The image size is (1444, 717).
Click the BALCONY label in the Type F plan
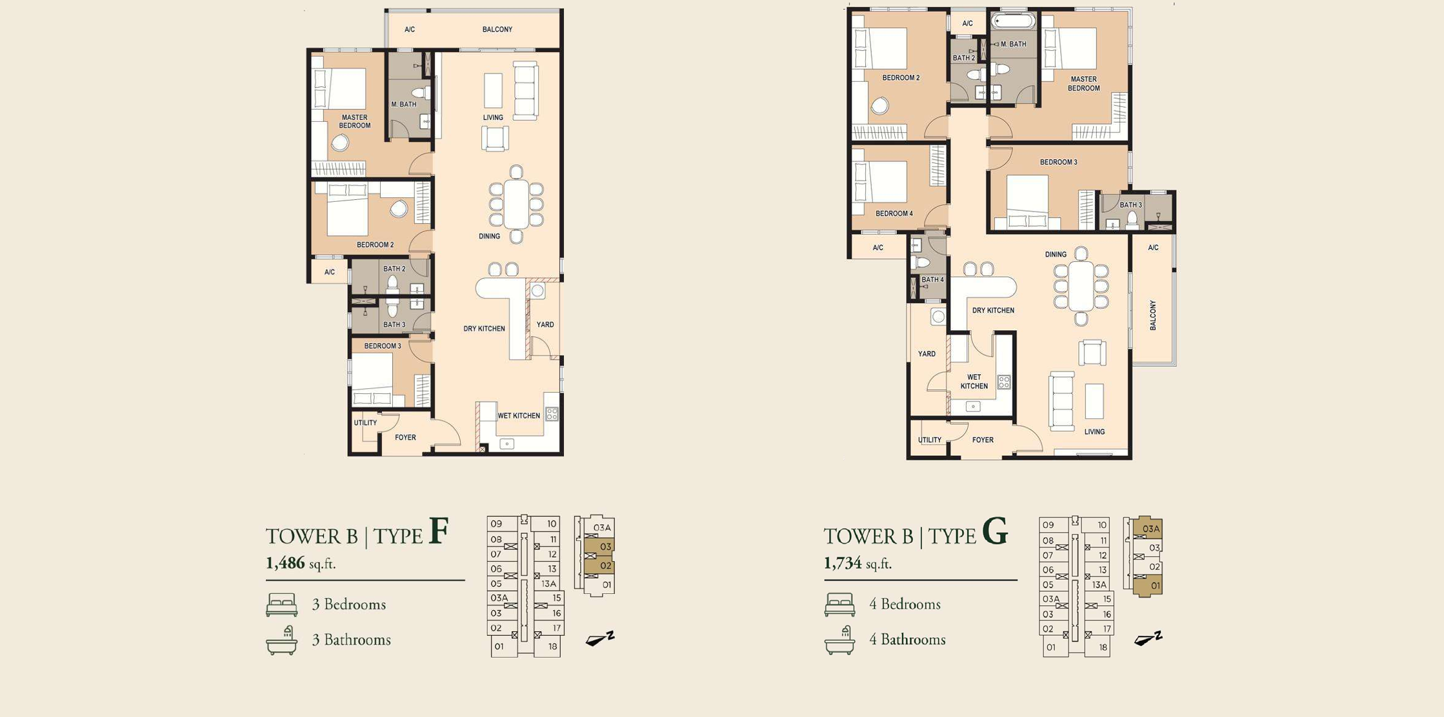pos(497,30)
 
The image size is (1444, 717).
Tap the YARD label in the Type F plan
pos(545,325)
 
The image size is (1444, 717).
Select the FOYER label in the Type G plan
pos(983,440)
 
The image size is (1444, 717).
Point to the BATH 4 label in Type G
pos(932,280)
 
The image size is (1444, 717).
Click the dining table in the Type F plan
pos(516,204)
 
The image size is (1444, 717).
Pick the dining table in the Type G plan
pos(1081,285)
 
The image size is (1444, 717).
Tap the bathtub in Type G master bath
pos(1014,21)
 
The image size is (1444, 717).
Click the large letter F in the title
pos(438,531)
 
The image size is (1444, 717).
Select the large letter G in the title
pos(994,531)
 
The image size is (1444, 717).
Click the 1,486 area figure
pos(285,563)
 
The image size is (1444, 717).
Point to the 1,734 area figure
pos(843,563)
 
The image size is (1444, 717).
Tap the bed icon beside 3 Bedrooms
pos(282,605)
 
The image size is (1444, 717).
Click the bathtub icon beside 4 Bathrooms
pos(840,640)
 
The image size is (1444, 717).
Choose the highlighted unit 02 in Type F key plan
pos(600,566)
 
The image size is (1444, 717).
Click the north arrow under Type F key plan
pos(600,638)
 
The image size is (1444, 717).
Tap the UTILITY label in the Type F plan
pos(365,423)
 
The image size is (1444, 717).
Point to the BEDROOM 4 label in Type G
pos(894,213)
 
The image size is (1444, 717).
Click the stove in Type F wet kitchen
pos(552,414)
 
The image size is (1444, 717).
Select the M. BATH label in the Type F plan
pos(404,104)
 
